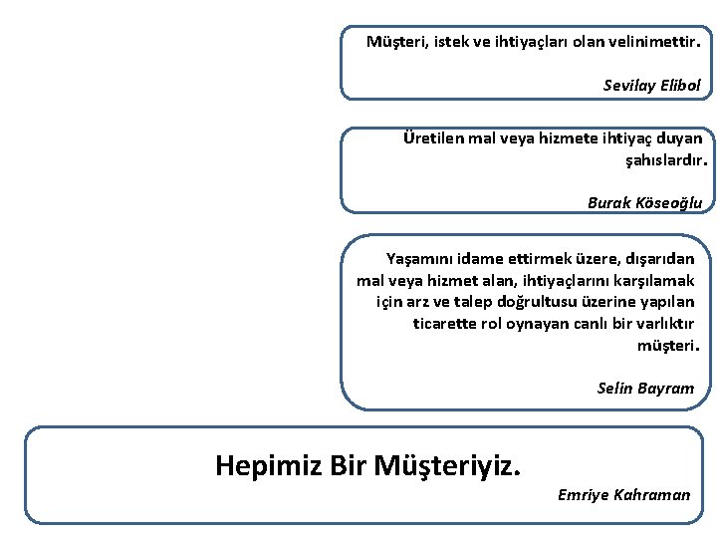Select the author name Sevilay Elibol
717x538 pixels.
pyautogui.click(x=652, y=86)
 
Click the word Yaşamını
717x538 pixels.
pyautogui.click(x=419, y=259)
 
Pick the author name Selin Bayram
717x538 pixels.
pyautogui.click(x=645, y=389)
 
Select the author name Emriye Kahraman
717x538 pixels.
pyautogui.click(x=623, y=495)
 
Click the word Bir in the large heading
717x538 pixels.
pyautogui.click(x=348, y=464)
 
